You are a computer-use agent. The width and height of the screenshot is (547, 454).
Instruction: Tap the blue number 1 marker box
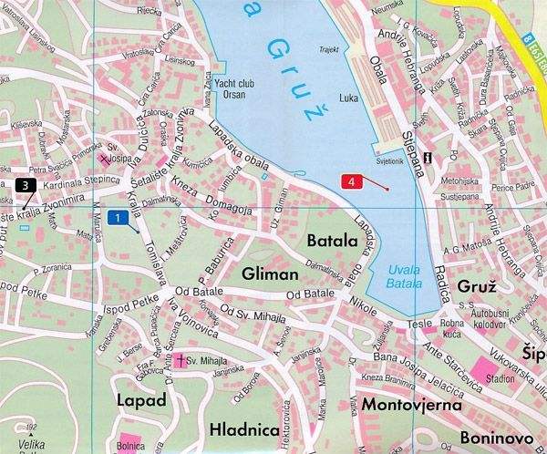click(x=117, y=217)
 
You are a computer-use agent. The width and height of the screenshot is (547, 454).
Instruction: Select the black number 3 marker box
click(x=26, y=186)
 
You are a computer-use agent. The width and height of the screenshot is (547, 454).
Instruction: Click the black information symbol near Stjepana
click(x=440, y=157)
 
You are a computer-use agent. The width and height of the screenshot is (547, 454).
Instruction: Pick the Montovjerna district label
click(x=408, y=403)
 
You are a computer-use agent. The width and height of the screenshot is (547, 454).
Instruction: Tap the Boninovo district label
click(x=497, y=437)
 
